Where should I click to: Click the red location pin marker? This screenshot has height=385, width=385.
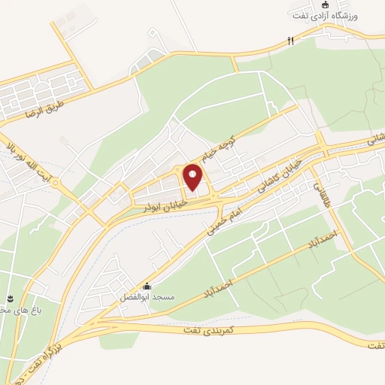pyautogui.click(x=193, y=178)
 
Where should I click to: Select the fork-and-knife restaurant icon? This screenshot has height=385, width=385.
pyautogui.click(x=290, y=41)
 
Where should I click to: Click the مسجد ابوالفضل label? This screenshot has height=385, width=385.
pyautogui.click(x=153, y=298)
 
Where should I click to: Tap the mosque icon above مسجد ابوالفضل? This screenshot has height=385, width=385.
pyautogui.click(x=147, y=286)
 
